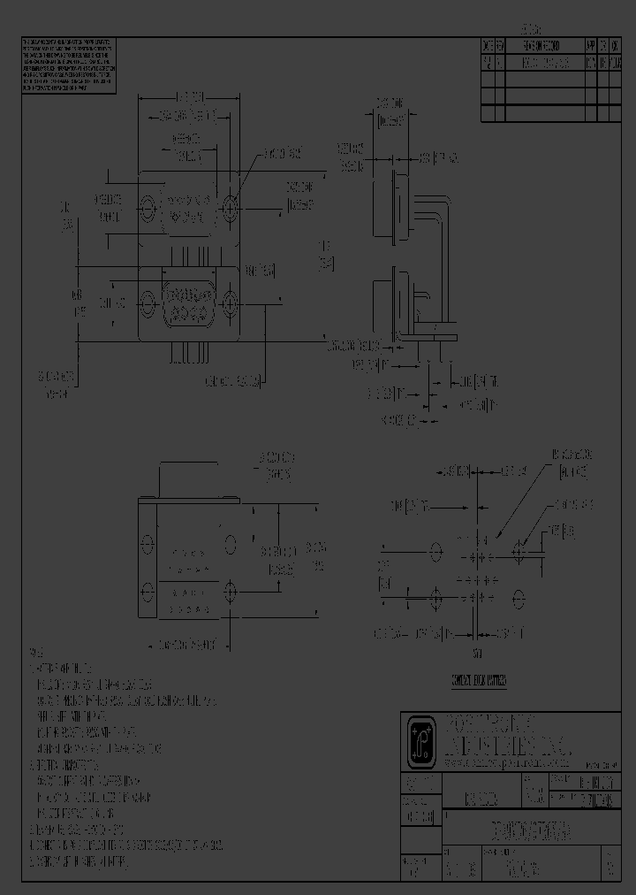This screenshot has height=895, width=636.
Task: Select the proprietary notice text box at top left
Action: click(68, 66)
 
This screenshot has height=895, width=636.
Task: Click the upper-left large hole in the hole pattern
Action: click(435, 552)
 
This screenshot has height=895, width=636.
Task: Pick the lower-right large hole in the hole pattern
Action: click(519, 599)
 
